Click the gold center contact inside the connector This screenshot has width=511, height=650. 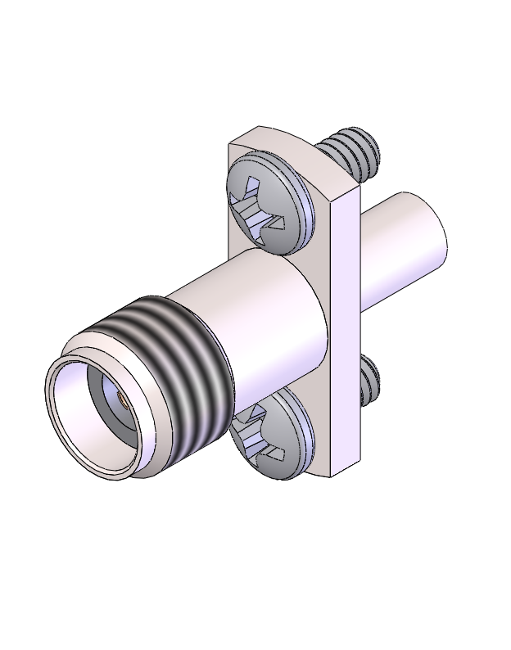coord(120,401)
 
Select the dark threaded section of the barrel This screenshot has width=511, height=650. coord(172,368)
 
